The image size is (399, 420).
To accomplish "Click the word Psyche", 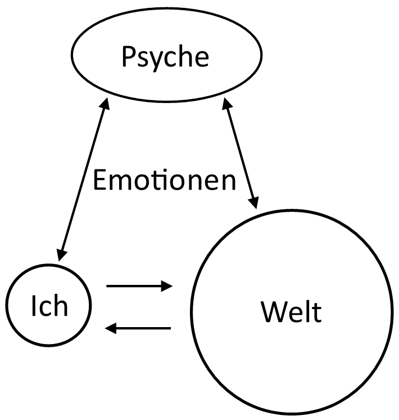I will (166, 56).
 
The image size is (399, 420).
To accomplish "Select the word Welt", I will (291, 311).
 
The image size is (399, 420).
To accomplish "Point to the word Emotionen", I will (164, 181).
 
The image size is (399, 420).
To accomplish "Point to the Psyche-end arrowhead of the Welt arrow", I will (226, 104).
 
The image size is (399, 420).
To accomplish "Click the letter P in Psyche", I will (128, 56).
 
